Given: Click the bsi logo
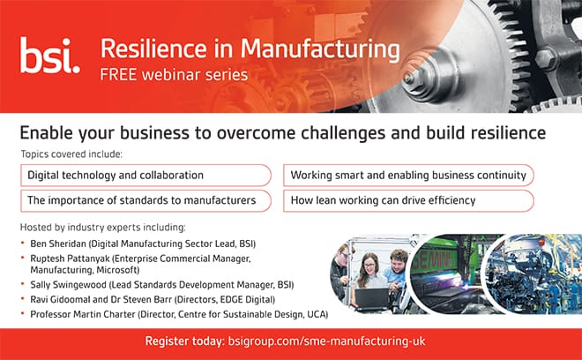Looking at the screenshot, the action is (x=49, y=55).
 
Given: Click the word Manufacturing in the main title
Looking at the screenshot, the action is (x=320, y=49).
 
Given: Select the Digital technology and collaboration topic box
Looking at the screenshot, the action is (x=145, y=176).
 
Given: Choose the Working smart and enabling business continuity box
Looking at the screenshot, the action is (x=408, y=176).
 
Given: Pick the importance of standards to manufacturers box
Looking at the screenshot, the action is (x=145, y=200).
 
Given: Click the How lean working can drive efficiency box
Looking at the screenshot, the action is (x=408, y=200).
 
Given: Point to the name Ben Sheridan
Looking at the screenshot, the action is (x=58, y=244).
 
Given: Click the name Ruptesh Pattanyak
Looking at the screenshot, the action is (x=71, y=259).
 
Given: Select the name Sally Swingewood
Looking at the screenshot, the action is (x=68, y=285).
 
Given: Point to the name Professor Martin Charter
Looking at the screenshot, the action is (x=83, y=314).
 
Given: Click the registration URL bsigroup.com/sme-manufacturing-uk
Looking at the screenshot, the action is (x=326, y=341).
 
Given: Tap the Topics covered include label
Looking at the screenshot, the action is (x=71, y=154).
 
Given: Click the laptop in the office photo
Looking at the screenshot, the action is (x=371, y=299).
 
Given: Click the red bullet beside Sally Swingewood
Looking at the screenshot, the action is (x=23, y=284).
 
